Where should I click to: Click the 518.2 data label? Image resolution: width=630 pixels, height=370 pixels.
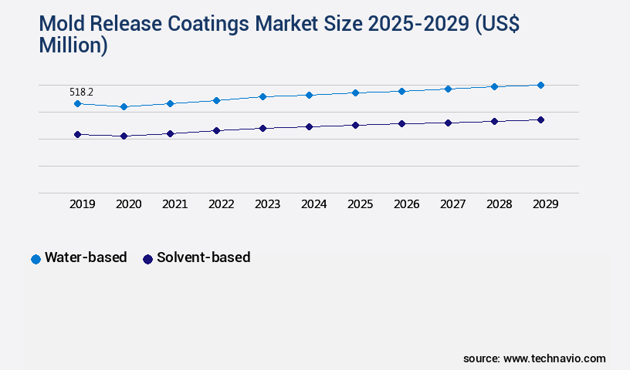click(x=81, y=92)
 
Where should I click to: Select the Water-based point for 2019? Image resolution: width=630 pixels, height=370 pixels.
click(x=77, y=103)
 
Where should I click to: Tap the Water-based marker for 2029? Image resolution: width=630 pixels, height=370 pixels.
click(x=540, y=85)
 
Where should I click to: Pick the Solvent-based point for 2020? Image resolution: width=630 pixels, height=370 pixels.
click(x=124, y=136)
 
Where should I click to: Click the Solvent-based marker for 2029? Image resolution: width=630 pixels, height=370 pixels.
click(x=540, y=119)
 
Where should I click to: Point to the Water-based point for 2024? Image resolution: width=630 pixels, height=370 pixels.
click(x=309, y=95)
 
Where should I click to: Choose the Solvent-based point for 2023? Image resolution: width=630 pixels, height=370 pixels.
click(x=262, y=128)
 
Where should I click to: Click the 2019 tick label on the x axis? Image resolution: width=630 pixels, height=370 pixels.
click(x=83, y=204)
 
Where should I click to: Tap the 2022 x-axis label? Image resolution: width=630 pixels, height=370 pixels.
click(x=222, y=204)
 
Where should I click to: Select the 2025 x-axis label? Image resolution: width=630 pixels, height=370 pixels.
click(x=361, y=204)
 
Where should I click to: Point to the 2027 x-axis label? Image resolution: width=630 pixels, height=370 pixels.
click(x=453, y=204)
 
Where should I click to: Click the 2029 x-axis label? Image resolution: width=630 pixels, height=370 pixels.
click(x=546, y=204)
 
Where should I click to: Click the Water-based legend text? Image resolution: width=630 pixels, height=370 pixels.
click(x=86, y=257)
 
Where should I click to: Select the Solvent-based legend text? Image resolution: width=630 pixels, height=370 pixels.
click(x=203, y=257)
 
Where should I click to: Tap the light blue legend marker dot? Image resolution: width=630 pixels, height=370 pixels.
click(x=36, y=259)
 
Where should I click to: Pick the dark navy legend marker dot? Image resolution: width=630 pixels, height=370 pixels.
click(x=147, y=259)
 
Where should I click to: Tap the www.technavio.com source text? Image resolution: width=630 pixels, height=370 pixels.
click(x=554, y=358)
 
